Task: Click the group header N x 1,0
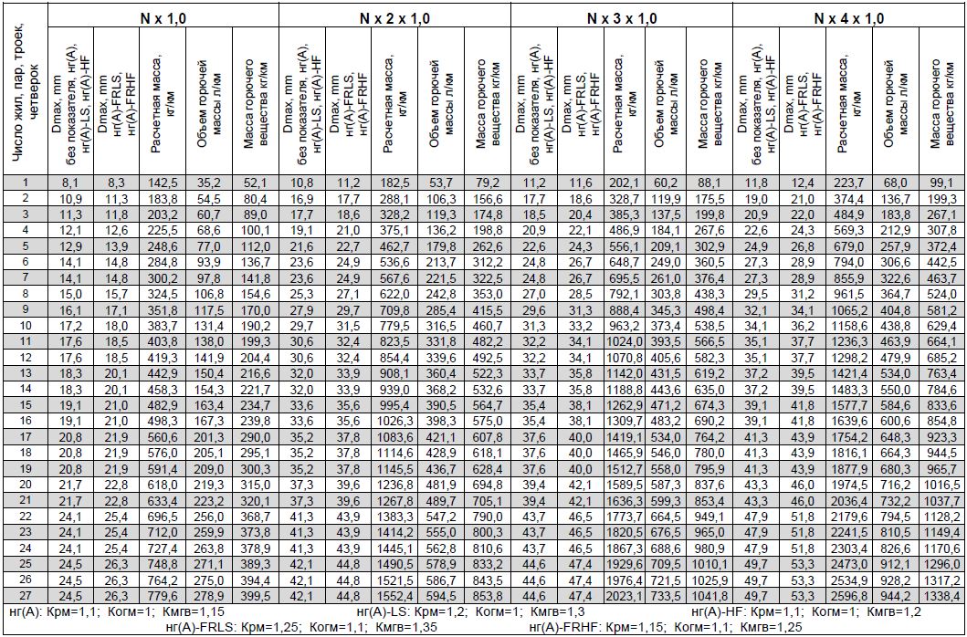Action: (x=163, y=17)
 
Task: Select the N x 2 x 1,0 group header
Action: (x=394, y=17)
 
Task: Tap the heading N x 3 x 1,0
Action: (x=621, y=17)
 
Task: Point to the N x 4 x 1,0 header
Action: (x=848, y=17)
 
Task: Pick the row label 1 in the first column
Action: (x=26, y=183)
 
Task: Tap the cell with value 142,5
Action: (x=163, y=183)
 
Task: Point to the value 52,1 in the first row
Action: (x=255, y=183)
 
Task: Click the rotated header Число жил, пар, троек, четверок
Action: (x=26, y=91)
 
